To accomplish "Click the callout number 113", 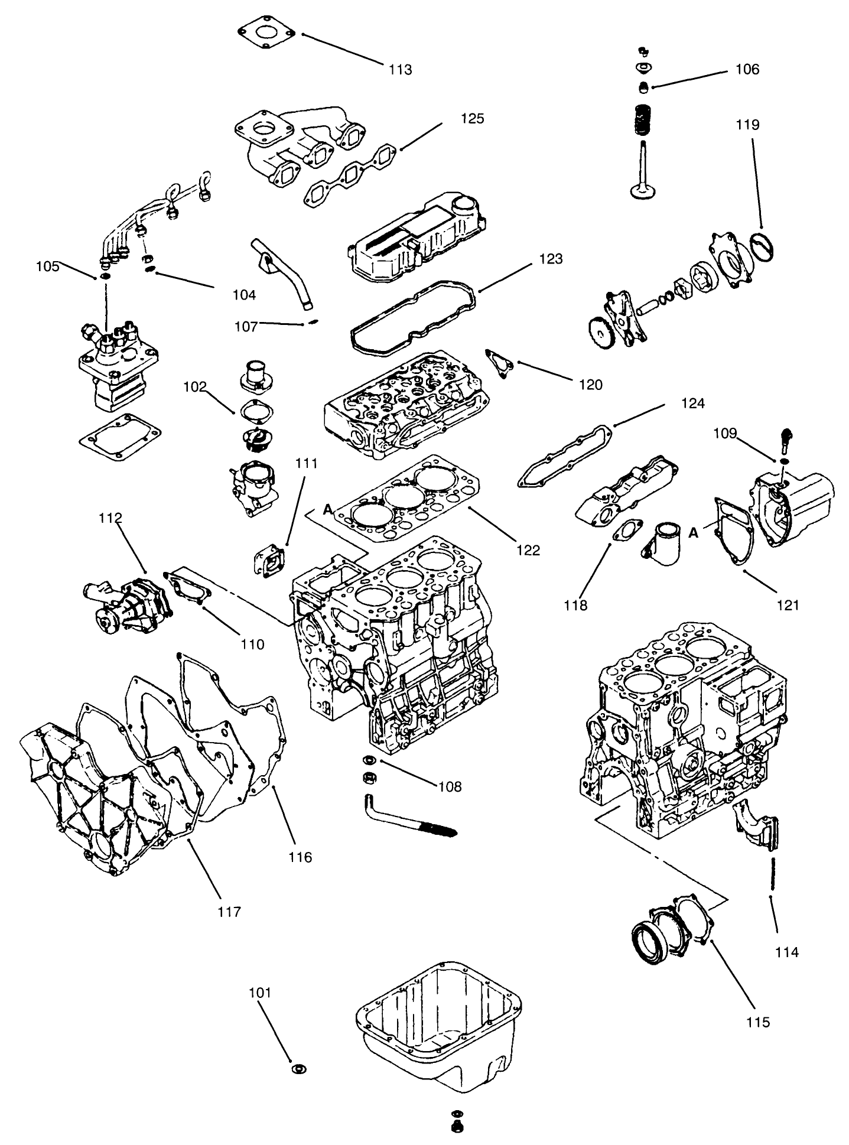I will (400, 70).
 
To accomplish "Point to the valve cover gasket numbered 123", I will (414, 320).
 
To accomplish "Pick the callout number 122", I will (528, 550).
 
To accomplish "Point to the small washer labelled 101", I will (299, 1069).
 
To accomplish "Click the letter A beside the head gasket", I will (328, 509).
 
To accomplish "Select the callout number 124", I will (692, 403).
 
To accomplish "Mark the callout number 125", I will (472, 118).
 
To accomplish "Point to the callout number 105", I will (47, 266).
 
